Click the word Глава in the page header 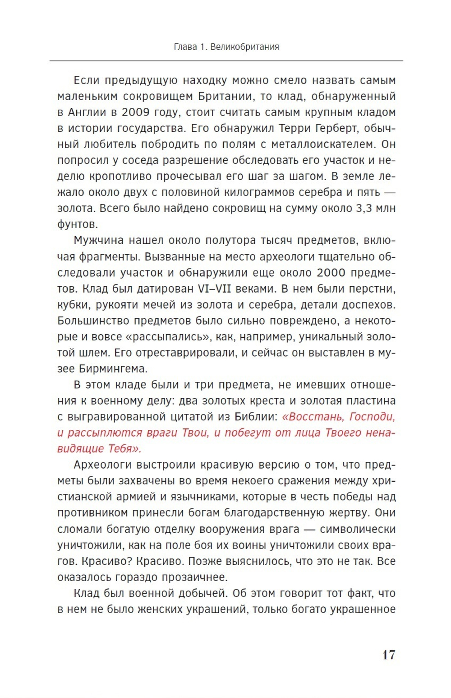tap(184, 47)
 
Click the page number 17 tap(388, 655)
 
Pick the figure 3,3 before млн tap(361, 209)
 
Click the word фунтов tap(77, 224)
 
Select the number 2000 tap(331, 273)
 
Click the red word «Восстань tap(313, 416)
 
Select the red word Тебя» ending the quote tap(125, 448)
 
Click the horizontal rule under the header tap(226, 60)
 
